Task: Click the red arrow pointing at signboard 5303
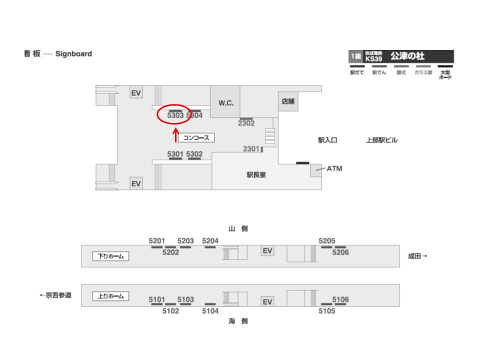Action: pyautogui.click(x=175, y=135)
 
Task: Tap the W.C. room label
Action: pyautogui.click(x=226, y=102)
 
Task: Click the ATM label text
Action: pyautogui.click(x=334, y=169)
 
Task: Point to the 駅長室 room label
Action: pyautogui.click(x=256, y=175)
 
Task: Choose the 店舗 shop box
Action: pyautogui.click(x=287, y=101)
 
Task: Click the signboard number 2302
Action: pyautogui.click(x=246, y=123)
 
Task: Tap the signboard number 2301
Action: pyautogui.click(x=251, y=148)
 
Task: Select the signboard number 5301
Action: pyautogui.click(x=175, y=154)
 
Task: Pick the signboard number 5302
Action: pyautogui.click(x=194, y=154)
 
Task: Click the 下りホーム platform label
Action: pyautogui.click(x=110, y=256)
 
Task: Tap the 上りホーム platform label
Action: pyautogui.click(x=110, y=296)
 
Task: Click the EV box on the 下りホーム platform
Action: pyautogui.click(x=267, y=250)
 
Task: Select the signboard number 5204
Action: pyautogui.click(x=210, y=241)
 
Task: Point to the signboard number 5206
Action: pyautogui.click(x=340, y=252)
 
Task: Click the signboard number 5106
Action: pyautogui.click(x=340, y=299)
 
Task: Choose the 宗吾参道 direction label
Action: pyautogui.click(x=55, y=295)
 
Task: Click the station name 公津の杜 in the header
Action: pyautogui.click(x=407, y=56)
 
